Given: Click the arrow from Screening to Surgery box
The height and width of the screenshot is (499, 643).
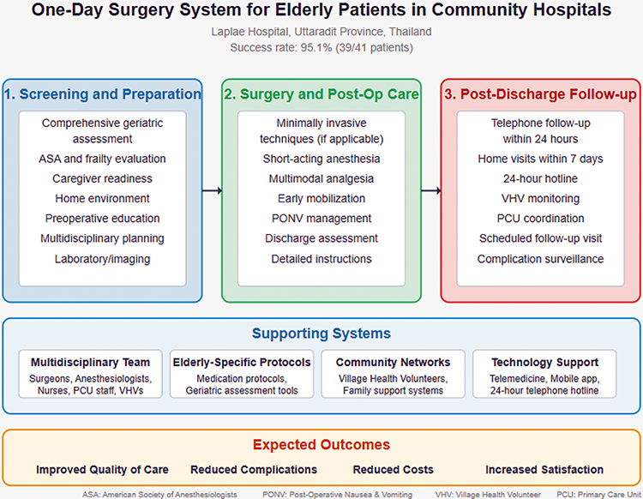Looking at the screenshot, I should [212, 191].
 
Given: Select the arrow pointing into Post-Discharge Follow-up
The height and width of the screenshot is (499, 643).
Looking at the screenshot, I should [431, 191].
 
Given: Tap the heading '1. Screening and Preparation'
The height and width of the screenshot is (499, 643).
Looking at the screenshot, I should [102, 94].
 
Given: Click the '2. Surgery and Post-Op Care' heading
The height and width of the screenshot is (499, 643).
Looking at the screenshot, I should [321, 94].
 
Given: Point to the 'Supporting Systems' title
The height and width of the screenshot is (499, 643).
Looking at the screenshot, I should [321, 334].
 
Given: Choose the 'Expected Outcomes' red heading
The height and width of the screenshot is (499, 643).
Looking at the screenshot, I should [321, 445].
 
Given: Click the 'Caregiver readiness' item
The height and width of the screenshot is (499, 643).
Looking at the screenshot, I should [102, 178].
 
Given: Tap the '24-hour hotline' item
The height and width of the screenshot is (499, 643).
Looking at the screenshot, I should [541, 178].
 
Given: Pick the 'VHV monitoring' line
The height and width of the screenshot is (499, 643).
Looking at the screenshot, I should [541, 198].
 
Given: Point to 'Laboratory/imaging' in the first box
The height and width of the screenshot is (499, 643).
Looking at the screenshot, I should [102, 258].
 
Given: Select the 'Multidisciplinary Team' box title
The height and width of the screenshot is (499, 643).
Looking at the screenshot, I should [90, 363].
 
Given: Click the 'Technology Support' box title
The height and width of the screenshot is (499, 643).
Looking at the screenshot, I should [544, 363].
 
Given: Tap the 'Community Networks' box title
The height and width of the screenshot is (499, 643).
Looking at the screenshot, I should [393, 363].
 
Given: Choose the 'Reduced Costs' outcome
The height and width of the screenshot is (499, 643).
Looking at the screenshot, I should [393, 470].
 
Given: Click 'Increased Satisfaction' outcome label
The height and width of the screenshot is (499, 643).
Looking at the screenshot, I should [544, 470].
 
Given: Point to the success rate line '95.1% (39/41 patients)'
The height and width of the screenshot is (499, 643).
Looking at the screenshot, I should [321, 47].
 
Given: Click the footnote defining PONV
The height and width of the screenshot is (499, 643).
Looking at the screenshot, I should [336, 494].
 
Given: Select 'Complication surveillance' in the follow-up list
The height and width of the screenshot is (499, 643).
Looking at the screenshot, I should [541, 258].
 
